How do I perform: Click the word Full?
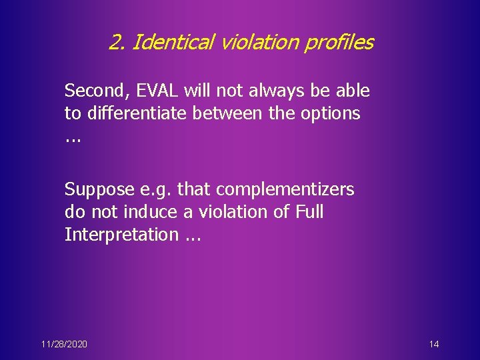(309, 212)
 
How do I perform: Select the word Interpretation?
(121, 235)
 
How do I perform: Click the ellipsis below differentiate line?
(72, 139)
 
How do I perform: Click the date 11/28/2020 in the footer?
(63, 344)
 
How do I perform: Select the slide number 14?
(434, 344)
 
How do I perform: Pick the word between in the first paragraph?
(229, 113)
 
